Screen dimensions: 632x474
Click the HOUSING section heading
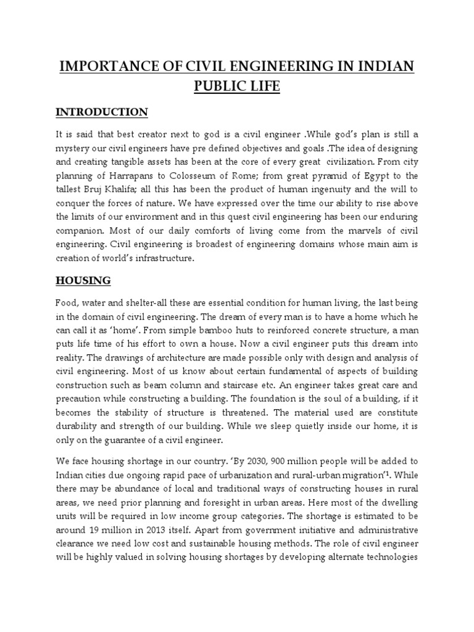tap(83, 280)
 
